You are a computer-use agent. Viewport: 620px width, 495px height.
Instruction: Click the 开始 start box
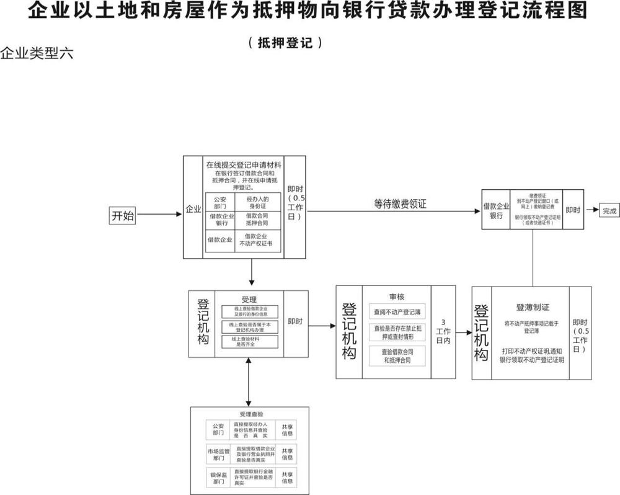122,216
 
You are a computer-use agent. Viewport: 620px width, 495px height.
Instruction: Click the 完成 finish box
609,211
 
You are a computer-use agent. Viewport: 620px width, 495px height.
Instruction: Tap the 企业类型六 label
37,53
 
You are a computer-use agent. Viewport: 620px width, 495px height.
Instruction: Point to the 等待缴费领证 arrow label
400,203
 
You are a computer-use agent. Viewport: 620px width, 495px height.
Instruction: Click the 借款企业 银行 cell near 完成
496,211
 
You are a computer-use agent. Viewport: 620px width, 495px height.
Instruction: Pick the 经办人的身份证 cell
257,202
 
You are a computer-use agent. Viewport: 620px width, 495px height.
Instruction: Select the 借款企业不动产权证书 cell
257,240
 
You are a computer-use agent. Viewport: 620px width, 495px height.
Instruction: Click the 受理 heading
249,300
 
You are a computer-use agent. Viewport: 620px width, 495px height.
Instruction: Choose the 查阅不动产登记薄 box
397,311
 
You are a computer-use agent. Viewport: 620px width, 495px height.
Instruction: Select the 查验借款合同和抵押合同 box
397,355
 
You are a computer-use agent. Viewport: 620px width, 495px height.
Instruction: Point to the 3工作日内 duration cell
443,332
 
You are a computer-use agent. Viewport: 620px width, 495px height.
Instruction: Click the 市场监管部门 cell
218,454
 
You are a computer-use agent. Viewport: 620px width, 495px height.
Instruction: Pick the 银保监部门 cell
218,477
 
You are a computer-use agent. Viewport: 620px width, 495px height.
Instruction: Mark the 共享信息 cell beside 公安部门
287,430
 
